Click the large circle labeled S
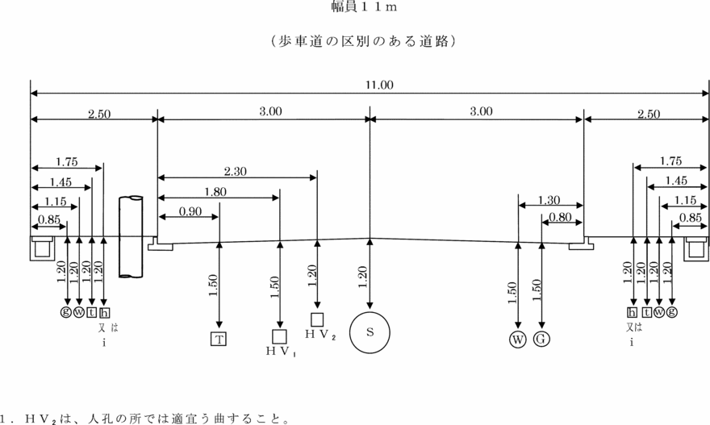(370, 332)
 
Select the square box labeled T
(219, 339)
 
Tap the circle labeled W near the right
(517, 339)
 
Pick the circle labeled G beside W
(541, 339)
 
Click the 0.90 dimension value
(190, 211)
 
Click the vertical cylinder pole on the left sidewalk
(130, 236)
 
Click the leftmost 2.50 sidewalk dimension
(98, 115)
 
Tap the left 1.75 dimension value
(68, 162)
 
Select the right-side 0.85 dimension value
(690, 217)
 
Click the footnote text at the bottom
(145, 419)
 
